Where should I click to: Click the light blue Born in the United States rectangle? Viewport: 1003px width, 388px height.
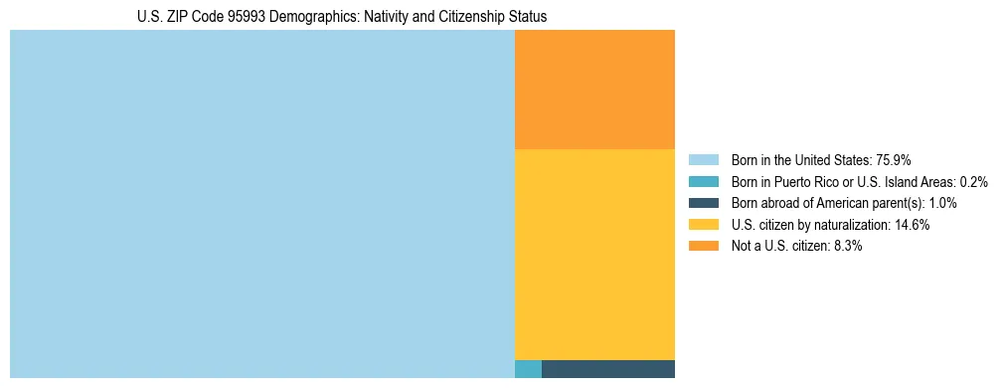261,204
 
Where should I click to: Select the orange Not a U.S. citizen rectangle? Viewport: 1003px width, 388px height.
594,90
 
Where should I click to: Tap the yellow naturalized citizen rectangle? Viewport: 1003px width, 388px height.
594,254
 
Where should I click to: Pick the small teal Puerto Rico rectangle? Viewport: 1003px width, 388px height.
528,369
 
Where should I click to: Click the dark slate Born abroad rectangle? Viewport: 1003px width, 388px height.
608,369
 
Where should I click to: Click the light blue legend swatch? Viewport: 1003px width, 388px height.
703,160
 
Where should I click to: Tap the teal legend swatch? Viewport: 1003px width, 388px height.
703,182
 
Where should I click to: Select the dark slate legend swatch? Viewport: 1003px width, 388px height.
703,203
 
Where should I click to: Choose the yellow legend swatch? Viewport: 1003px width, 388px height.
703,225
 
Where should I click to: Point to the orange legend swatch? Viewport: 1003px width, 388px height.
703,247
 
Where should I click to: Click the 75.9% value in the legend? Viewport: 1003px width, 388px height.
893,160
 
